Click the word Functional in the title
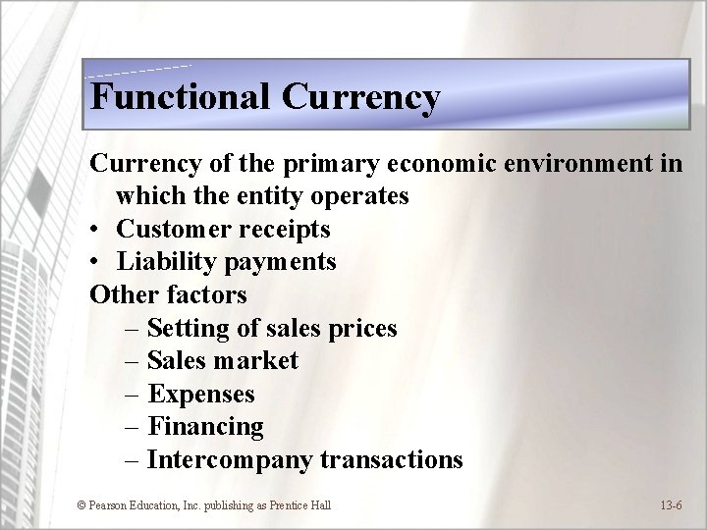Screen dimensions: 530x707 [180, 97]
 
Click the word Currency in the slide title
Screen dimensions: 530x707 [361, 97]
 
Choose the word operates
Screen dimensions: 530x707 [358, 195]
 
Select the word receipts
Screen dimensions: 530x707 [285, 229]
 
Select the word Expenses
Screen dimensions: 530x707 [201, 394]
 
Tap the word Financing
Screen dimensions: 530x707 [206, 427]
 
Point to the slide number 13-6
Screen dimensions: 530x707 [673, 504]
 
